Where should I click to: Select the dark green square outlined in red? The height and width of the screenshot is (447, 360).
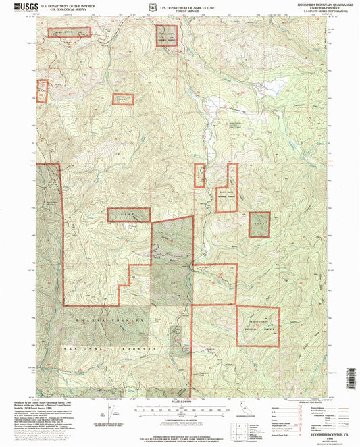point(259,224)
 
